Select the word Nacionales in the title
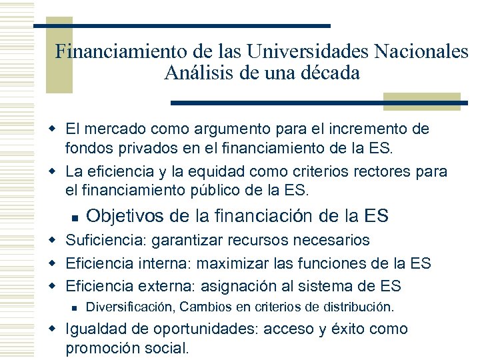pos(423,51)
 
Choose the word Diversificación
pos(129,308)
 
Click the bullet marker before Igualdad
pos(57,330)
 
